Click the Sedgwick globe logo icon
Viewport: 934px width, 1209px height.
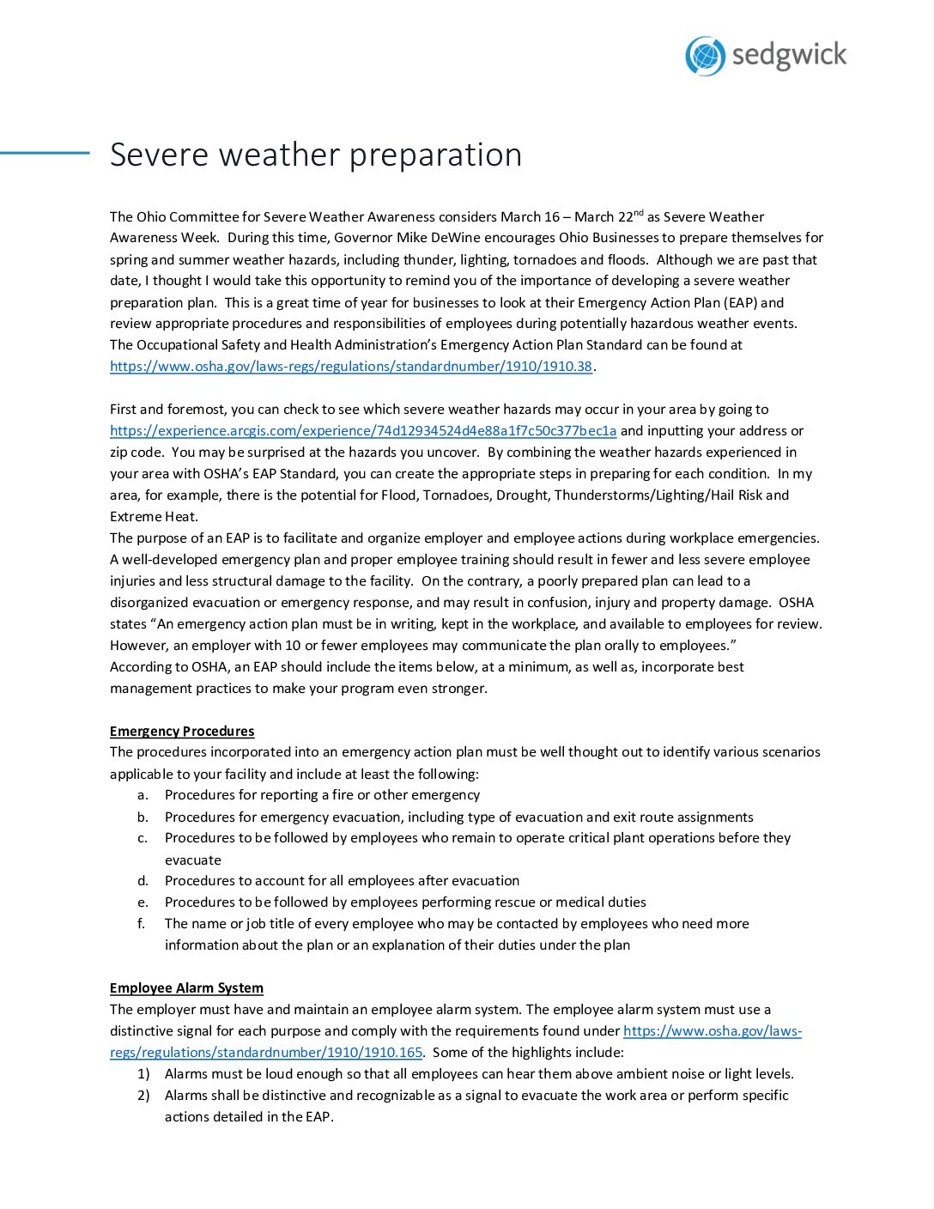[x=706, y=57]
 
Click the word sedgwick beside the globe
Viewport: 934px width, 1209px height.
[x=789, y=56]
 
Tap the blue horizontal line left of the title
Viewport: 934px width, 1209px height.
[x=45, y=153]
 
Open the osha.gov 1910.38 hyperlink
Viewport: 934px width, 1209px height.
[x=351, y=367]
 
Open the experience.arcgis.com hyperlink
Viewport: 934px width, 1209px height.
[x=363, y=431]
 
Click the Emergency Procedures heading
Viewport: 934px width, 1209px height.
[x=182, y=732]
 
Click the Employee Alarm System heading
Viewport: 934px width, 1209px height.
[x=186, y=988]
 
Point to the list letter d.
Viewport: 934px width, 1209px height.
[x=143, y=881]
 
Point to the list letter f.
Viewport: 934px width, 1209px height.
[x=142, y=924]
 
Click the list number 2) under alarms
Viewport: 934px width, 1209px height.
[x=143, y=1096]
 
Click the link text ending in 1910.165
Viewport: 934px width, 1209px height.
[x=266, y=1053]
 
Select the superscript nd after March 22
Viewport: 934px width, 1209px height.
[x=638, y=213]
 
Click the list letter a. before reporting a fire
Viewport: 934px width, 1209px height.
[x=143, y=795]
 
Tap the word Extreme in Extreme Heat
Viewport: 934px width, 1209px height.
[x=135, y=517]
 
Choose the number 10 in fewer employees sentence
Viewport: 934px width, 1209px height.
[x=293, y=646]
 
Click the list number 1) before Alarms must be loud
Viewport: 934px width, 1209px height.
[x=143, y=1074]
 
